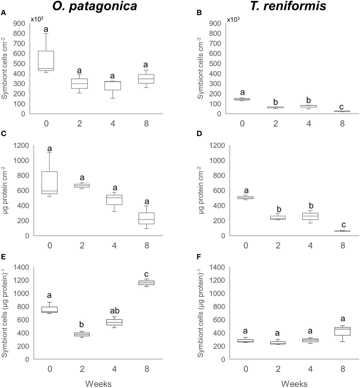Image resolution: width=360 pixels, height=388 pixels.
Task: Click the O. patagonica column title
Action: point(95,6)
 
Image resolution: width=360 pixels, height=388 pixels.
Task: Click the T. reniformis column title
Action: point(288,6)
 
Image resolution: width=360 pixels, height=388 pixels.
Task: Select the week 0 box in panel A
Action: point(46,61)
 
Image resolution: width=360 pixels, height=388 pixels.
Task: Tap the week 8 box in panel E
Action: point(147,283)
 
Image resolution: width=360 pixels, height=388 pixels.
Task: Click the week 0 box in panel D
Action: point(246,197)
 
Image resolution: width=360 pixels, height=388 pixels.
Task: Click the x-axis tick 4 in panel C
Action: point(114,245)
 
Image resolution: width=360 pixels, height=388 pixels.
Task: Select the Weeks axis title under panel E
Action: point(98,383)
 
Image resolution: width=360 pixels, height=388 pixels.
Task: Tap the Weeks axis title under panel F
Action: point(294,383)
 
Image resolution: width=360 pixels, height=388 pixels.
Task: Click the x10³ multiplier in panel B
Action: point(233,20)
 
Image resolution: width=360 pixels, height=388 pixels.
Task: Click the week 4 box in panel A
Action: point(113,86)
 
